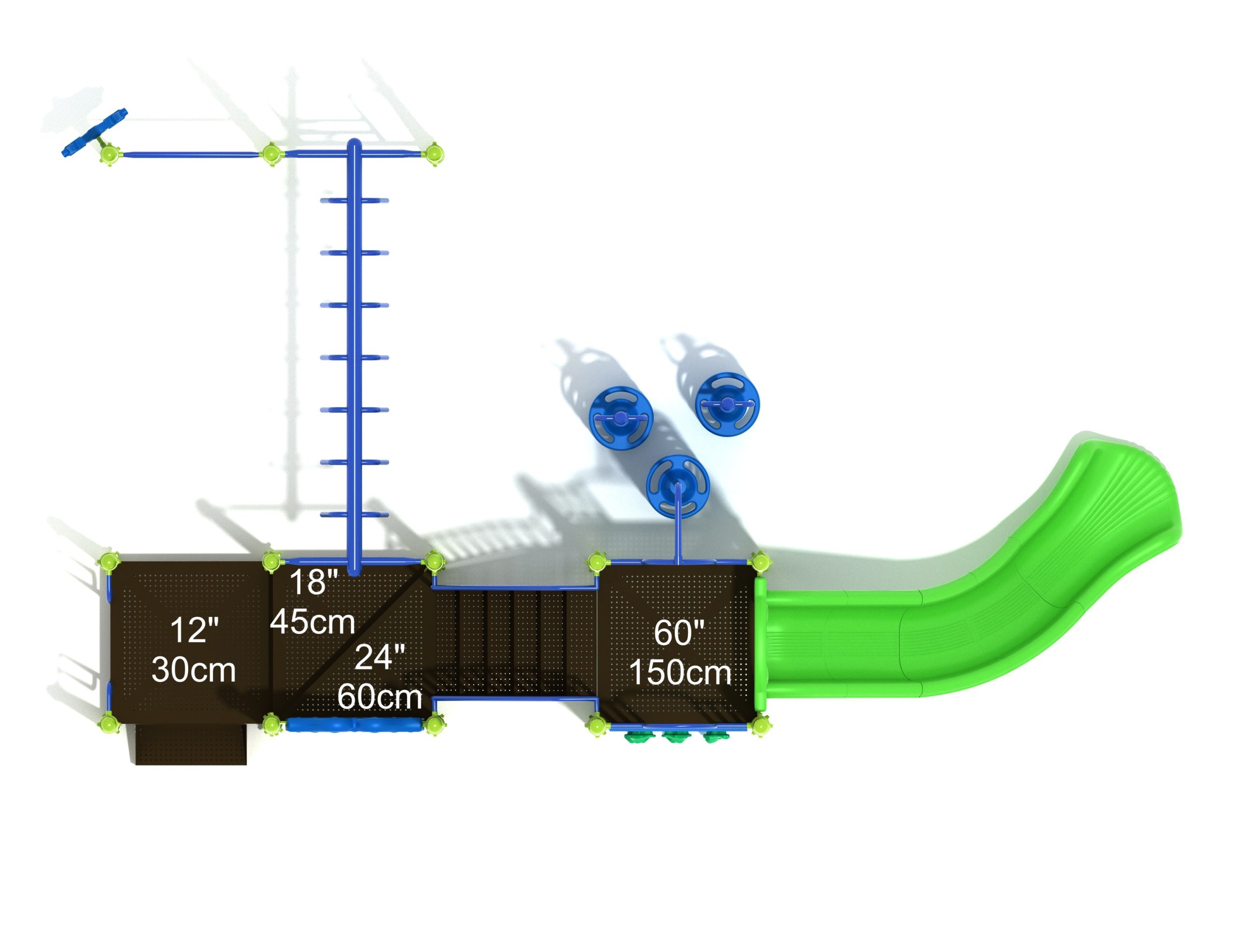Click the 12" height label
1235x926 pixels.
pos(194,630)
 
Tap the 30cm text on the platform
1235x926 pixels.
pos(194,670)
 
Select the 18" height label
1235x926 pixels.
pos(314,582)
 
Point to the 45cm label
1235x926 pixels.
pos(313,622)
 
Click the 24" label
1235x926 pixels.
pos(380,657)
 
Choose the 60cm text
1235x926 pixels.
pos(380,696)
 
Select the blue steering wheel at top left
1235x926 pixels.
pos(95,133)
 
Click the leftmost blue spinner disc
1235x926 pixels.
pos(620,418)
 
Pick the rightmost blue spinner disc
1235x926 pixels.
pos(727,404)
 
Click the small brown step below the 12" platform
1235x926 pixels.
pos(191,745)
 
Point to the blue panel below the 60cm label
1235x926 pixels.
pos(354,725)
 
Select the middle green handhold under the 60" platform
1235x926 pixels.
pos(676,738)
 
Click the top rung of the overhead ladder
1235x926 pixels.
pos(354,200)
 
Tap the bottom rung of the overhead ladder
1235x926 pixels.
pos(354,515)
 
